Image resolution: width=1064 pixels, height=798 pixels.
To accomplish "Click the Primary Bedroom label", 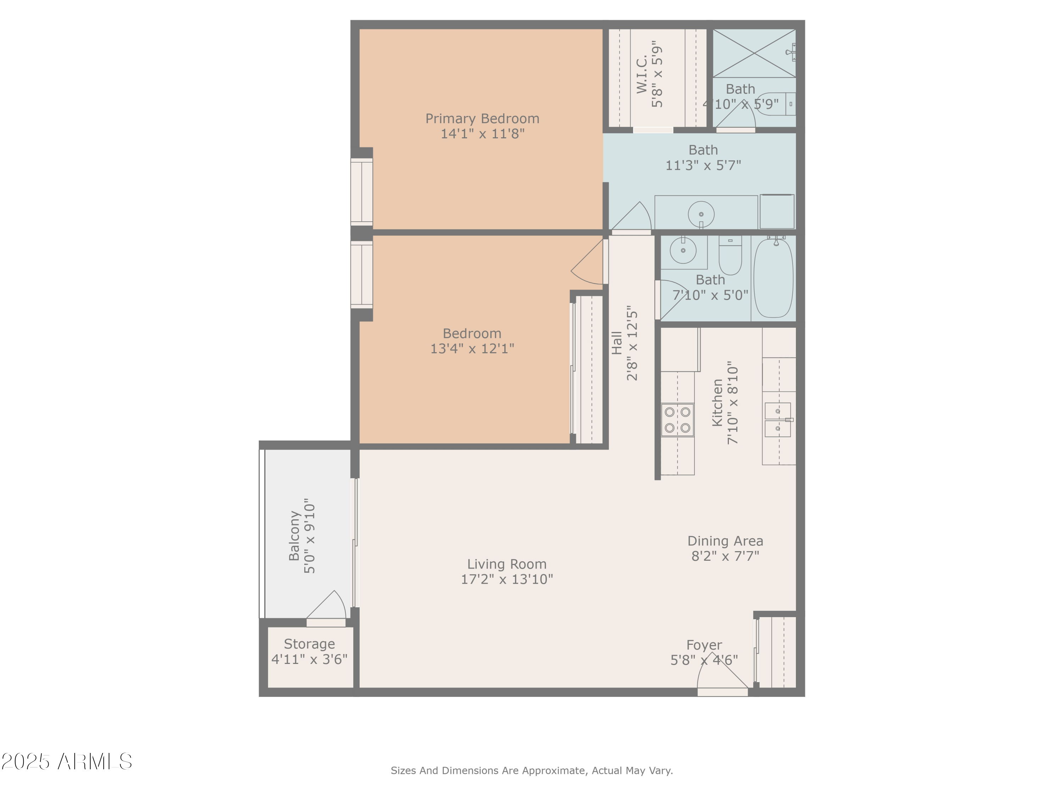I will (482, 119).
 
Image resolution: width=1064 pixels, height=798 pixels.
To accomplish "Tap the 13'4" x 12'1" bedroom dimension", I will (472, 349).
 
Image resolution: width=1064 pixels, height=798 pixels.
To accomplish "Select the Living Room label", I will (506, 564).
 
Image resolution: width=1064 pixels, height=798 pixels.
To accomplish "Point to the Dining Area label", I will (725, 541).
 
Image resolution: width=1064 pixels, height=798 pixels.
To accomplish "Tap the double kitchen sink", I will (778, 420).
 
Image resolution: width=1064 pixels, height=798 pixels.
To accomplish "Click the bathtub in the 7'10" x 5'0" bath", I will (773, 278).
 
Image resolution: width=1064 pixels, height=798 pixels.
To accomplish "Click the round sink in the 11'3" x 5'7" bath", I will (701, 214).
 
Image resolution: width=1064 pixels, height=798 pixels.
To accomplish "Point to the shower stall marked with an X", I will (754, 53).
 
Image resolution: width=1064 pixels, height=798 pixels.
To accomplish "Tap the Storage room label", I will (309, 644).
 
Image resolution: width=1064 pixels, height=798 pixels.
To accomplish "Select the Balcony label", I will (294, 536).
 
